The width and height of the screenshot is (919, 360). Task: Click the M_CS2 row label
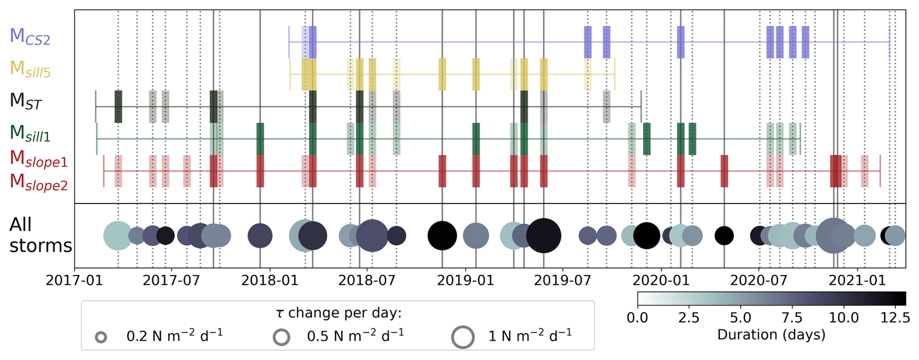click(x=30, y=37)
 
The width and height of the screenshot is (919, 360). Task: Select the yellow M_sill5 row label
click(x=30, y=69)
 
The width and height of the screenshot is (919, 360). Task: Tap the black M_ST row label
click(x=26, y=101)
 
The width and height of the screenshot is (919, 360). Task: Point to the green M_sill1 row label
click(x=30, y=133)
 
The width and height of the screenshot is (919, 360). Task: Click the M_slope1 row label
click(x=38, y=159)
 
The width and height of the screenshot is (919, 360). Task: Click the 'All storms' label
click(x=40, y=235)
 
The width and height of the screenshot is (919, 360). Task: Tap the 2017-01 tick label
click(x=74, y=281)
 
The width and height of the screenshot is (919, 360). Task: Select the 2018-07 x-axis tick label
click(x=367, y=281)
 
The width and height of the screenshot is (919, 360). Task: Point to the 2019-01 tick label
click(x=465, y=281)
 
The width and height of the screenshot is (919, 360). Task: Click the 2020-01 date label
click(x=661, y=281)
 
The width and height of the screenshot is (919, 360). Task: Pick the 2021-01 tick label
click(x=857, y=281)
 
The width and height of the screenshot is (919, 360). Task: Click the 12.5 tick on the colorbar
click(x=895, y=318)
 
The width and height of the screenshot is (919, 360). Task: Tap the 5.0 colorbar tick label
click(x=740, y=318)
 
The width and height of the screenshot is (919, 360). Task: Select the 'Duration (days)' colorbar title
click(x=771, y=335)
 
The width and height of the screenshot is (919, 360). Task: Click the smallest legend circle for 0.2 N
click(x=101, y=337)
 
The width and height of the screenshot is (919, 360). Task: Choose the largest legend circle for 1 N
click(x=462, y=337)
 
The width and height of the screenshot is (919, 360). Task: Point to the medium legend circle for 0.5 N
click(x=282, y=337)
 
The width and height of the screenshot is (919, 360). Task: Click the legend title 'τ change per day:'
click(x=339, y=313)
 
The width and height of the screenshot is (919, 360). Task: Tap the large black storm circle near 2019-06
click(x=544, y=236)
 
